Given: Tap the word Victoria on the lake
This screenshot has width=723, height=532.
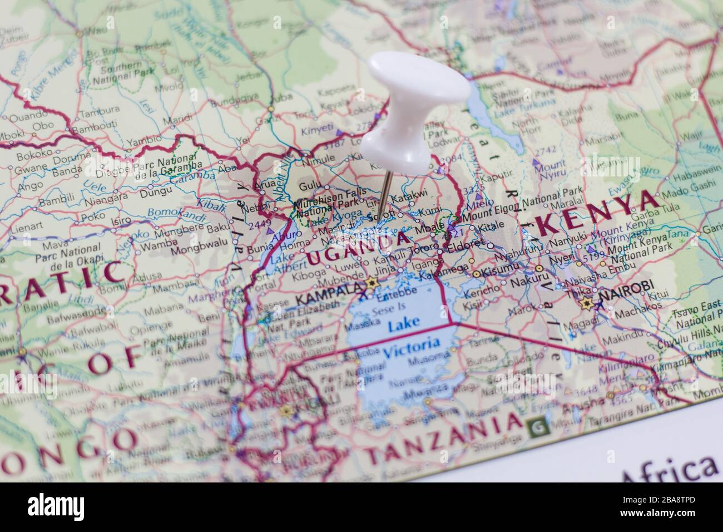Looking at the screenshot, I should [412, 346].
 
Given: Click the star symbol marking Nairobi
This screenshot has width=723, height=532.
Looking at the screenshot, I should [586, 303].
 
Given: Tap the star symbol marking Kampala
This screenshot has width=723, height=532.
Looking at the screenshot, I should [372, 283].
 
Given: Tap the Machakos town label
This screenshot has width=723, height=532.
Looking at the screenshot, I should [637, 305].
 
